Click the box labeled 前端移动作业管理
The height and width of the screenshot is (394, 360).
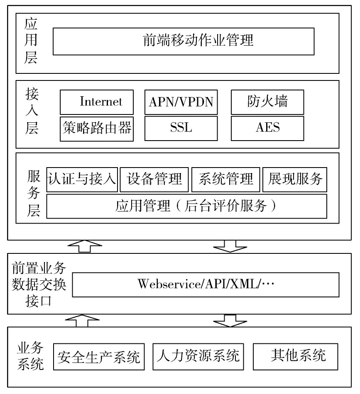(184, 41)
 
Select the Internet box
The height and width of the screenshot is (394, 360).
(97, 102)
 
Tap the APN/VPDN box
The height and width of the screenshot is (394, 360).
(181, 102)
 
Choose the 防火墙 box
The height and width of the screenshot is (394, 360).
(267, 102)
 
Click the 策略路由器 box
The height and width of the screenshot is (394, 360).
(97, 129)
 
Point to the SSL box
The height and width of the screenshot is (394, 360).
(181, 128)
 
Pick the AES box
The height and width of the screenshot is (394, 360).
(267, 128)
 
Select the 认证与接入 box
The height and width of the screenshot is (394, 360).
(82, 180)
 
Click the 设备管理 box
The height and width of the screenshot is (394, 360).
(154, 180)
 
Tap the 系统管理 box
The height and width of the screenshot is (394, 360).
(225, 180)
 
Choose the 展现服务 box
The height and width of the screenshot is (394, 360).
(295, 180)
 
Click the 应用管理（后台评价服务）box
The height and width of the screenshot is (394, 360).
(187, 206)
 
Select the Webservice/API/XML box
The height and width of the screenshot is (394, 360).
(206, 285)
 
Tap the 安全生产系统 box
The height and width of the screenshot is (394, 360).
(99, 357)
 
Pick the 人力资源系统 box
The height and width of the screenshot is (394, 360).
(198, 357)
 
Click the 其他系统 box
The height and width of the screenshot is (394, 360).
(295, 357)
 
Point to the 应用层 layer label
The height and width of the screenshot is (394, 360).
(31, 41)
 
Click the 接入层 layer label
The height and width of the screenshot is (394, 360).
(32, 111)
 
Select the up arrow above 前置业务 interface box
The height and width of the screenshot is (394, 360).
(85, 246)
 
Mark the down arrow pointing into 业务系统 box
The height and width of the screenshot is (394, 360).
(230, 321)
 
